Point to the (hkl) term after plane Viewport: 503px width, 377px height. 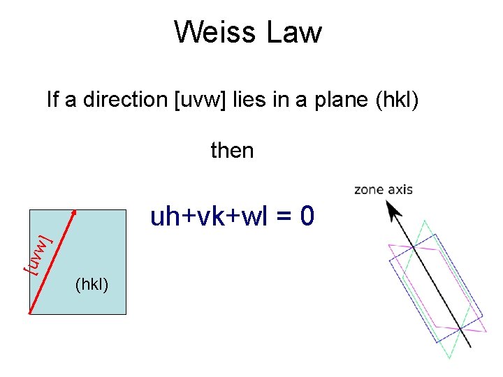[397, 100]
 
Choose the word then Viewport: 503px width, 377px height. [232, 150]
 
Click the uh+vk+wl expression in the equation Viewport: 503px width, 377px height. [210, 217]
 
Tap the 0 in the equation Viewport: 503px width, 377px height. [307, 217]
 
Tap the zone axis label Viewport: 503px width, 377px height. [384, 189]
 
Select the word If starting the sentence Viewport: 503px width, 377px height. [53, 100]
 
